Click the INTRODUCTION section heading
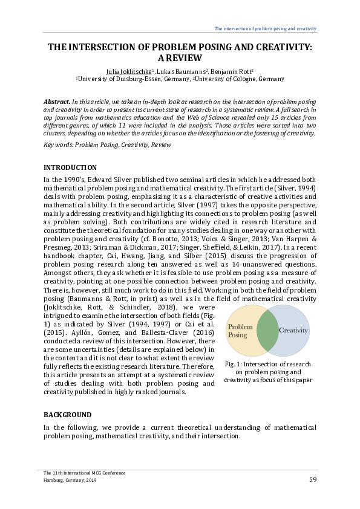click(70, 167)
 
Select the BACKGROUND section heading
click(68, 415)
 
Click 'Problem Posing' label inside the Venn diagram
click(240, 331)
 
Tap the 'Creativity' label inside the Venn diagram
click(293, 331)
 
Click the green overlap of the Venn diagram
click(266, 331)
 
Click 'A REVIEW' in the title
click(180, 57)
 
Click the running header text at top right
click(266, 29)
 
